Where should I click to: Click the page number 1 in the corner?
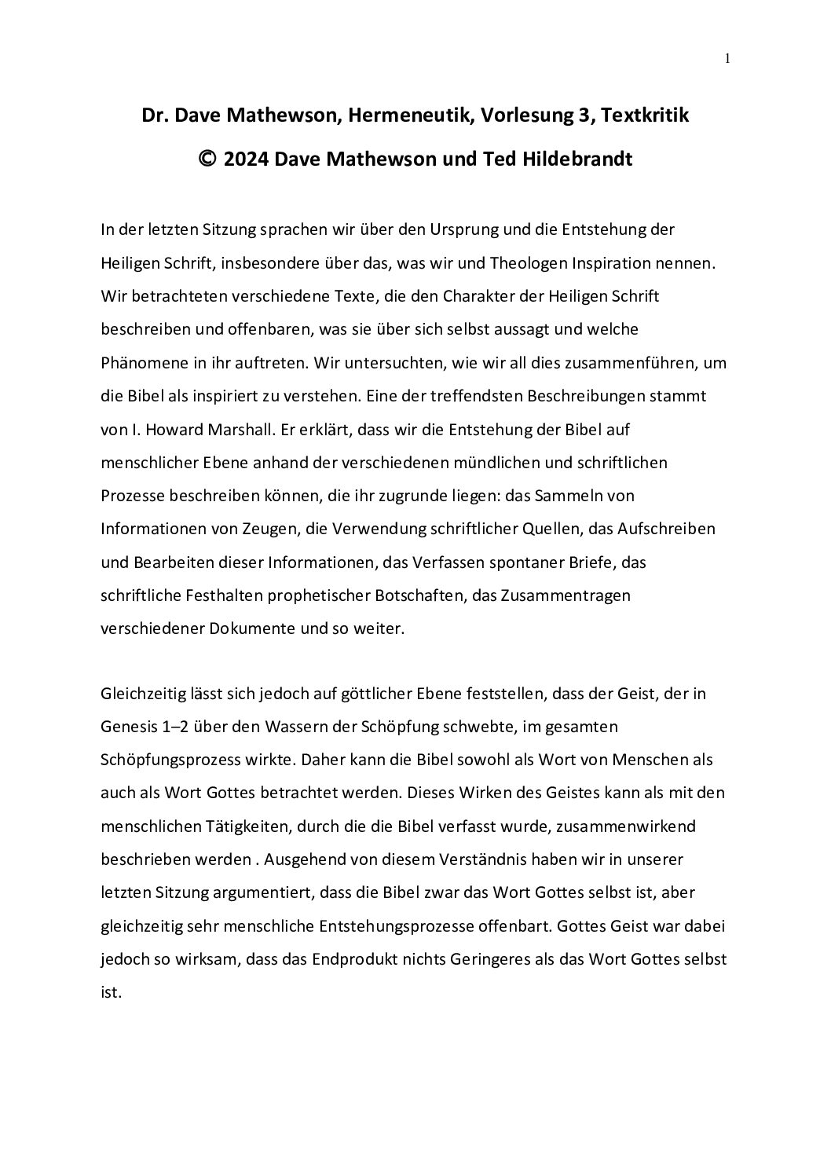tap(728, 57)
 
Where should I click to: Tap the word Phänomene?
tap(139, 364)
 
